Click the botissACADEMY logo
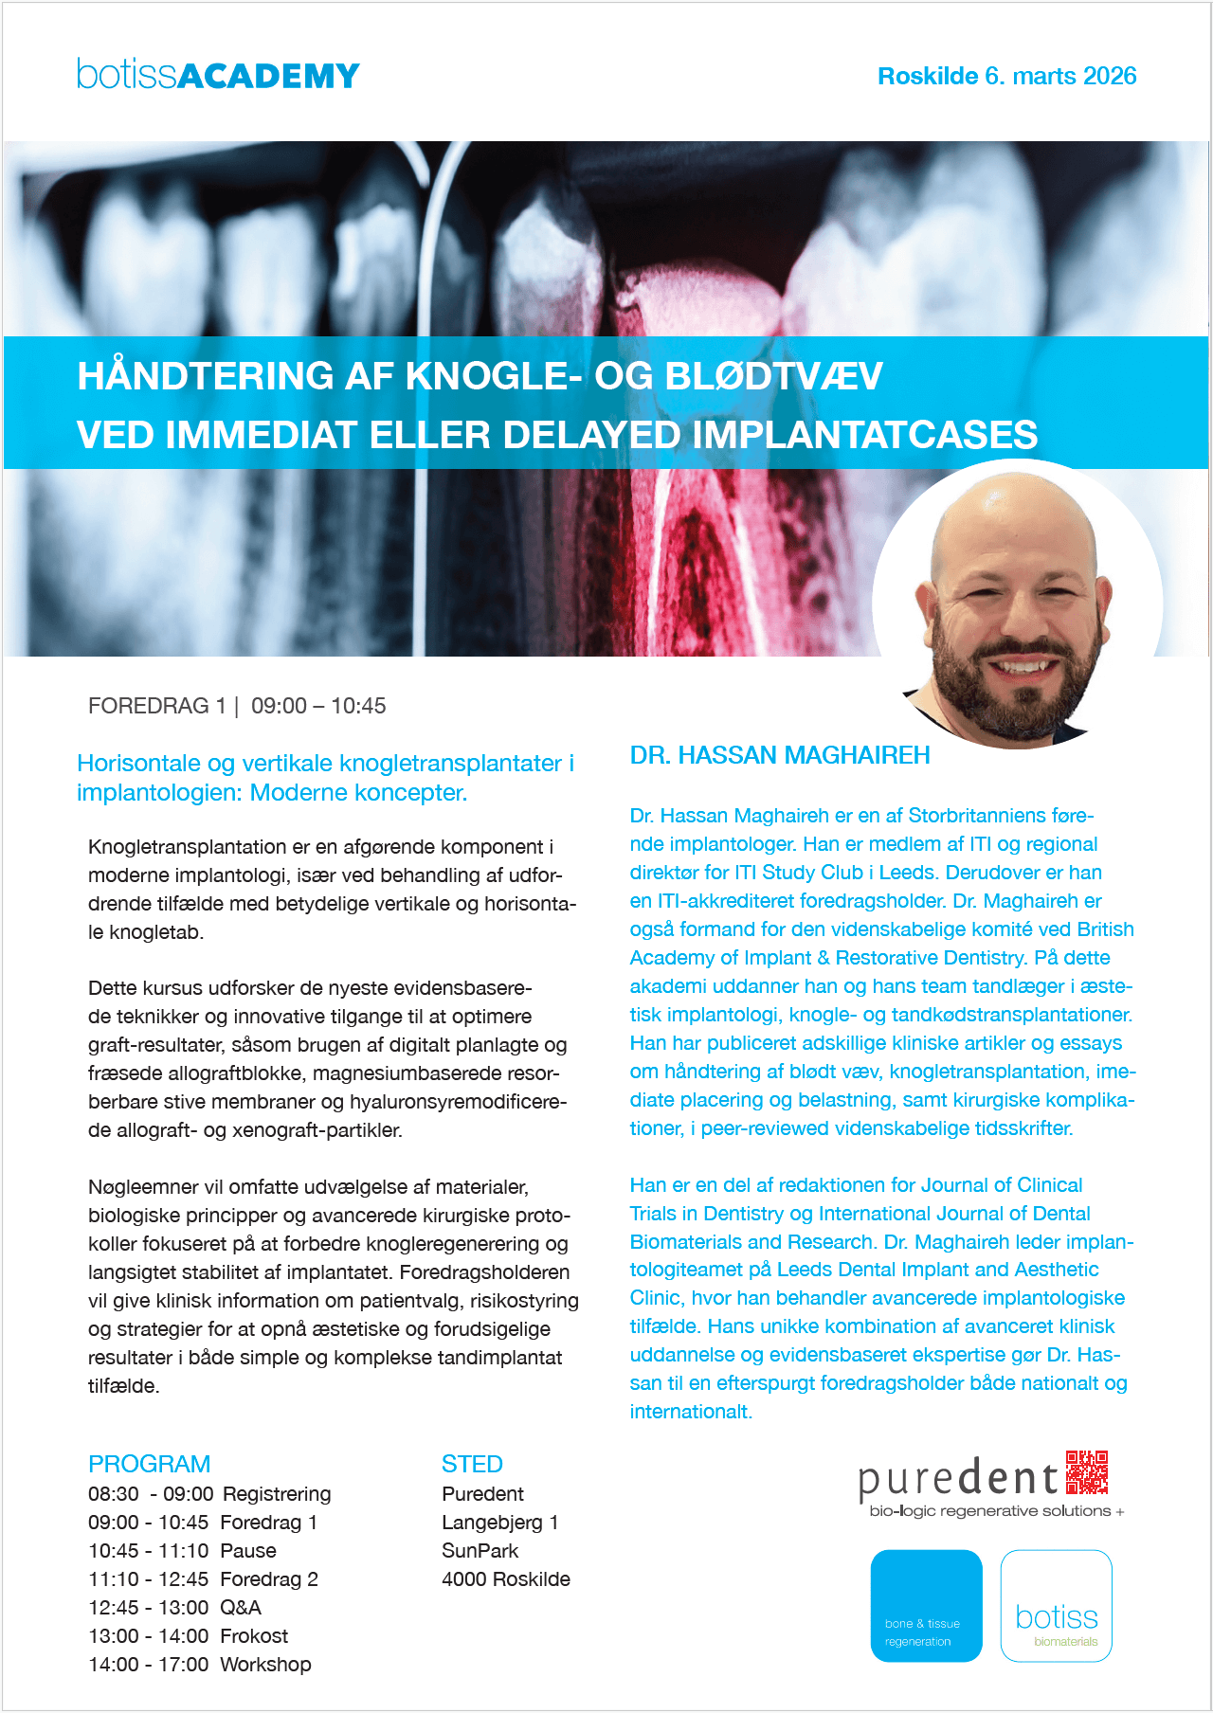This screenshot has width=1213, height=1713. [x=218, y=75]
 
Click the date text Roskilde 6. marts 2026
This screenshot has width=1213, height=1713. [x=1006, y=76]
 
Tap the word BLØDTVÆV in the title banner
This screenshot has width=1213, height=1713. [x=773, y=376]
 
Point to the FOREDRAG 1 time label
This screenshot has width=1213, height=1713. [x=237, y=706]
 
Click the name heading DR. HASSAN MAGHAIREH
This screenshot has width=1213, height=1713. [x=780, y=755]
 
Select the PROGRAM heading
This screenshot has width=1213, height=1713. [x=149, y=1464]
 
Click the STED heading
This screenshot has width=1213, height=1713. [x=472, y=1464]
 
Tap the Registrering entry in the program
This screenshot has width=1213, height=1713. [x=277, y=1494]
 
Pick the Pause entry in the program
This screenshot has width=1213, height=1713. [x=248, y=1551]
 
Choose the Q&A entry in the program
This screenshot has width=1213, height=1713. [x=241, y=1608]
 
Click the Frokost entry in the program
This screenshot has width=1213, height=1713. [x=254, y=1636]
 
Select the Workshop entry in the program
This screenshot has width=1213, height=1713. [x=265, y=1665]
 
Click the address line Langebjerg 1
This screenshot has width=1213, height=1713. [x=499, y=1523]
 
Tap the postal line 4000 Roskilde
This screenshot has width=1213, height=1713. [x=505, y=1579]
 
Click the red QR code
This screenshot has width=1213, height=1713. [x=1087, y=1471]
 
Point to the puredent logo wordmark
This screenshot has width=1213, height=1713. [x=957, y=1480]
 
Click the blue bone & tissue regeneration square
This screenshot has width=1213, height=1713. [x=926, y=1605]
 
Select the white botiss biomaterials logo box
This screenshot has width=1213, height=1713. [x=1056, y=1605]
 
